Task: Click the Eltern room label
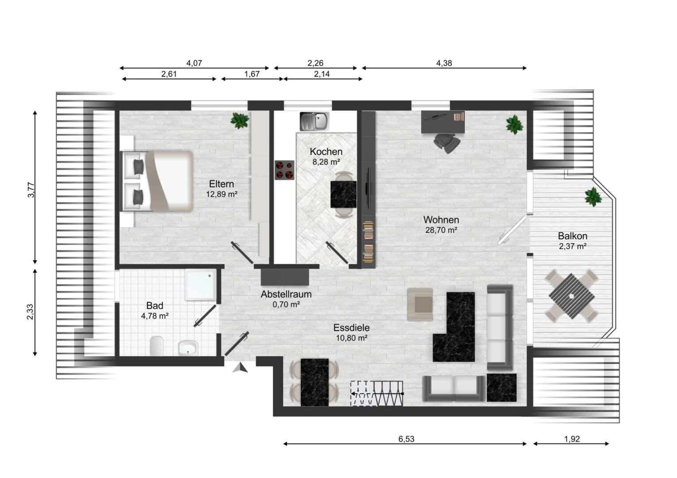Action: [221, 184]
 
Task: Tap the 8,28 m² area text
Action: [326, 162]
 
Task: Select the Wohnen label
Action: [441, 220]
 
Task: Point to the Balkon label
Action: [572, 235]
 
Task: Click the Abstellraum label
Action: [286, 294]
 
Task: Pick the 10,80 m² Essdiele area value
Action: [351, 338]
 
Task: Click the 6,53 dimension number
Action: [406, 439]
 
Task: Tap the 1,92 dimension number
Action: [572, 439]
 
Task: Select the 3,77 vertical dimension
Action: [31, 190]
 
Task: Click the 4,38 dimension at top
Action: [444, 63]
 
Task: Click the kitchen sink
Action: [314, 121]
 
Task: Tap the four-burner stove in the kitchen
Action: [284, 170]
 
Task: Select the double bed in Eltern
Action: [157, 181]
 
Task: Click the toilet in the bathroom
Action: [157, 346]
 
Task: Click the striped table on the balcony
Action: [572, 296]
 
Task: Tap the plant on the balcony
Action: [593, 197]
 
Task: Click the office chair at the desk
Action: [447, 143]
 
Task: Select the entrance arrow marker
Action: [240, 367]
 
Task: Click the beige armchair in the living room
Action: [420, 305]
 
